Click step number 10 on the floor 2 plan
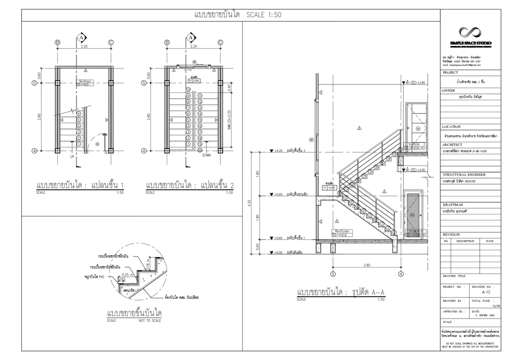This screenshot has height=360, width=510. [x=188, y=90]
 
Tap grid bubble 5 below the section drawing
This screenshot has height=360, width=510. [x=333, y=275]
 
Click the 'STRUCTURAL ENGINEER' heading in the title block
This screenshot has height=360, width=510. [x=464, y=174]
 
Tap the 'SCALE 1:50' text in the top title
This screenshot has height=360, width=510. [x=263, y=15]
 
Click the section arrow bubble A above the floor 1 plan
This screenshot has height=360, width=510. [x=82, y=38]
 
